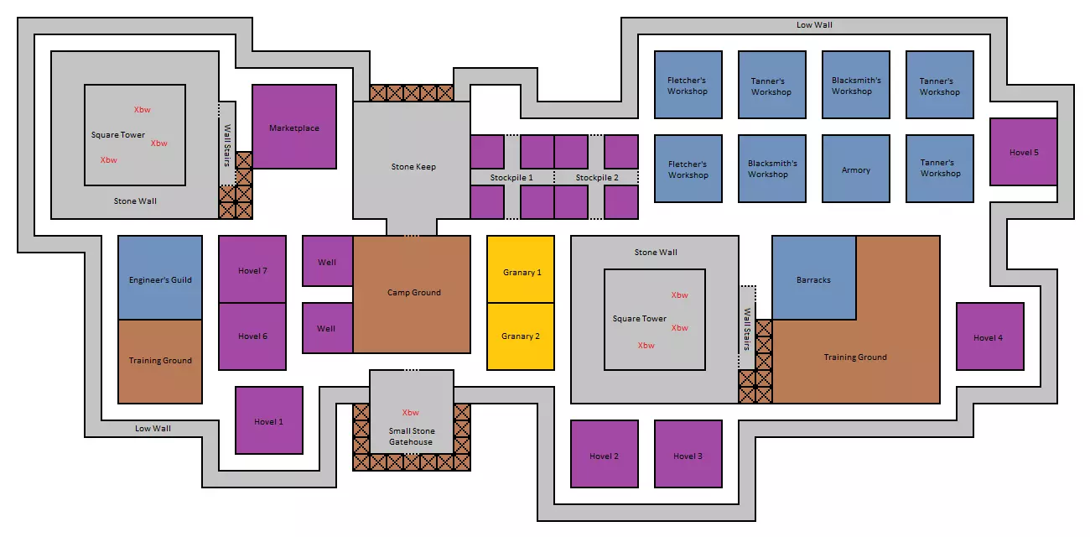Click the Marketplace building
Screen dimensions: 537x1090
click(x=294, y=128)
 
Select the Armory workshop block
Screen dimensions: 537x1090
click(x=856, y=169)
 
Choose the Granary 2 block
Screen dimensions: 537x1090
click(x=521, y=336)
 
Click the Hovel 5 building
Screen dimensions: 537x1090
click(x=1024, y=152)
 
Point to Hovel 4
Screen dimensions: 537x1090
click(x=989, y=337)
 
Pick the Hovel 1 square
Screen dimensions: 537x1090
click(x=269, y=421)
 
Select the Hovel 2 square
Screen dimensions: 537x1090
click(x=605, y=455)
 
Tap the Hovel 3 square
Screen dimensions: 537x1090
click(x=688, y=455)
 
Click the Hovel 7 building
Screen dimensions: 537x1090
click(x=252, y=269)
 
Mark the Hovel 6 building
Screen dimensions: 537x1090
click(x=252, y=336)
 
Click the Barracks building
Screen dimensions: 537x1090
click(x=814, y=279)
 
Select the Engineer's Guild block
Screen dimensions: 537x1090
click(x=160, y=279)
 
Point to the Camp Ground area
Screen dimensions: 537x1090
click(x=413, y=293)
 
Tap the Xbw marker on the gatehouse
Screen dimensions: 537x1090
click(x=411, y=412)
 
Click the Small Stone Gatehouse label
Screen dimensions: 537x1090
click(x=411, y=436)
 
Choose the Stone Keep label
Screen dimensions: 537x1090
click(x=413, y=166)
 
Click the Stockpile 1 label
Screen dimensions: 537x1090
click(x=512, y=178)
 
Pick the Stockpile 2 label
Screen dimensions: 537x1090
click(x=597, y=178)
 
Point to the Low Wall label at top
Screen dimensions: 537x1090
click(x=814, y=25)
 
